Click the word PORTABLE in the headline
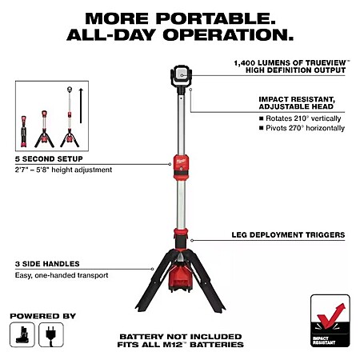pyautogui.click(x=215, y=18)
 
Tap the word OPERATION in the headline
pyautogui.click(x=228, y=35)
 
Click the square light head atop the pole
pyautogui.click(x=182, y=76)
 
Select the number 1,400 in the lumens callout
pyautogui.click(x=244, y=63)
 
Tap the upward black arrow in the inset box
pyautogui.click(x=81, y=106)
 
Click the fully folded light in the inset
pyautogui.click(x=24, y=131)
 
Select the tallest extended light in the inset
pyautogui.click(x=70, y=117)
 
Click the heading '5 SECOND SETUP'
pyautogui.click(x=49, y=159)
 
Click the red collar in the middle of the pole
pyautogui.click(x=181, y=167)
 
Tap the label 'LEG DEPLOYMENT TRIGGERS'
pyautogui.click(x=288, y=235)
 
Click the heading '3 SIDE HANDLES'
pyautogui.click(x=47, y=264)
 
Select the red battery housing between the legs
pyautogui.click(x=181, y=278)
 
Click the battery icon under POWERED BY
pyautogui.click(x=22, y=334)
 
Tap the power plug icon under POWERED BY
pyautogui.click(x=51, y=334)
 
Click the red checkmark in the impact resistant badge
pyautogui.click(x=330, y=317)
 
